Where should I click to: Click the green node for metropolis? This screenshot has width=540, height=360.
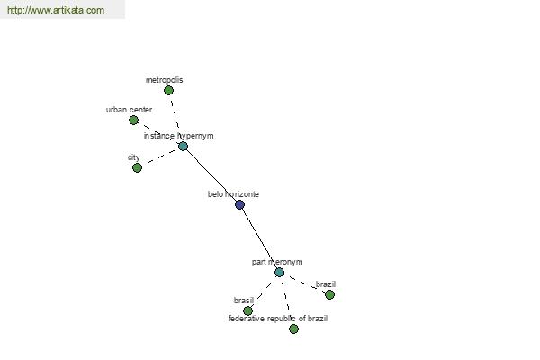[168, 91]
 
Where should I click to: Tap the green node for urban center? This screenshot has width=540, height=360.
[133, 121]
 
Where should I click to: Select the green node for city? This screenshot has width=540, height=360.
[137, 167]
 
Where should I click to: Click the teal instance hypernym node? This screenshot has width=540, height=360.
[183, 147]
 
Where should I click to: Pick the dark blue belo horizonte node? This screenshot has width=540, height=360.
[239, 205]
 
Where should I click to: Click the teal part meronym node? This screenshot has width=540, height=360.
[279, 273]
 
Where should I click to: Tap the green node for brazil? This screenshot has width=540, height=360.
[329, 295]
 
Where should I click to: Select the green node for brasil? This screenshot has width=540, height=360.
[248, 311]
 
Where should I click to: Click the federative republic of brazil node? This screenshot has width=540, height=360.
[293, 329]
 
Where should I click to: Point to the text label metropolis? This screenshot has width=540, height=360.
[165, 80]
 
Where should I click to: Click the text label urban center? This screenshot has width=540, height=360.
[129, 110]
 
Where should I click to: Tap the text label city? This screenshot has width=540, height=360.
[133, 157]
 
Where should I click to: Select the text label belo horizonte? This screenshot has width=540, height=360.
[233, 194]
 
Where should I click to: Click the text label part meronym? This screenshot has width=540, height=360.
[277, 262]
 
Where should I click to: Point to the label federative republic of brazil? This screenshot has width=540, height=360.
[278, 319]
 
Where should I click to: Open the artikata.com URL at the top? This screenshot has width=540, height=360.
[56, 10]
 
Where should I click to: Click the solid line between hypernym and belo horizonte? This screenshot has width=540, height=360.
[211, 175]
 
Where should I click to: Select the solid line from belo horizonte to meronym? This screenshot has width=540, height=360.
[260, 238]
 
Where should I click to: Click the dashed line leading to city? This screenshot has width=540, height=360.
[160, 157]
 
